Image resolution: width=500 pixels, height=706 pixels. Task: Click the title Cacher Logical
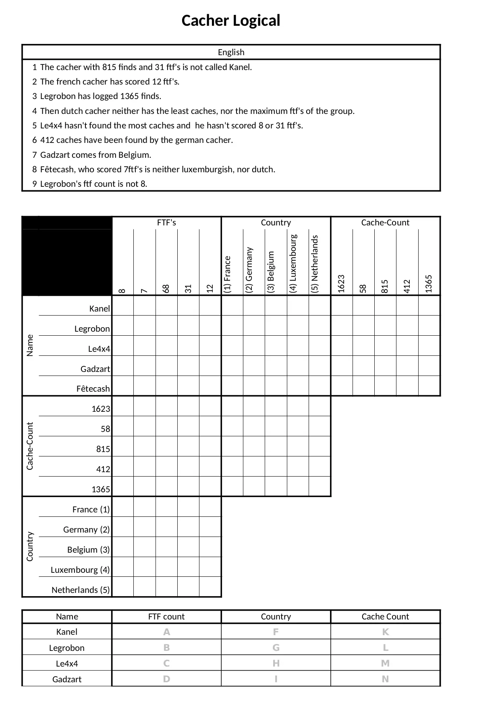click(x=230, y=21)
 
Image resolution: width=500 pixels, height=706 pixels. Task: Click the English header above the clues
click(x=231, y=52)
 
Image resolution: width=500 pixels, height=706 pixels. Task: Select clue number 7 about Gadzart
click(x=95, y=155)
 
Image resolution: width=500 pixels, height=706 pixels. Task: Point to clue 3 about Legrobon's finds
click(x=100, y=96)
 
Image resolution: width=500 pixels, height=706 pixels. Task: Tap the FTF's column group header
click(x=166, y=223)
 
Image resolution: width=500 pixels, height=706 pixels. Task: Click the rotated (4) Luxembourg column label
click(x=293, y=263)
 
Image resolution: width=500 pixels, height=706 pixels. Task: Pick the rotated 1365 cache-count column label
click(x=429, y=283)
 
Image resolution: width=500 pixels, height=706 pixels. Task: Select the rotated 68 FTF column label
click(x=166, y=288)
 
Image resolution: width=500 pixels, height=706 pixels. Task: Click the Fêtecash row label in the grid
click(x=93, y=389)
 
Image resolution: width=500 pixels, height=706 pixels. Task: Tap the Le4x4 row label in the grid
click(x=99, y=349)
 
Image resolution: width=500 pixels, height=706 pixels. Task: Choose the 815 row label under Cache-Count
click(x=103, y=449)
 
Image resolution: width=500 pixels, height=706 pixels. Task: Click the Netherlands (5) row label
click(x=81, y=590)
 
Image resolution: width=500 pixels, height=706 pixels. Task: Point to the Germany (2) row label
click(x=86, y=530)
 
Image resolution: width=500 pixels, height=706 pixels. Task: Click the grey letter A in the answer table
click(x=166, y=632)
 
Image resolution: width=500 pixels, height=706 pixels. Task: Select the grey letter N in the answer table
click(x=385, y=679)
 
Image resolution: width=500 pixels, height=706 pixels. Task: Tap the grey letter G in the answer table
click(x=276, y=648)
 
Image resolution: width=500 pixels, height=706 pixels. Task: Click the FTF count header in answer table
click(x=166, y=617)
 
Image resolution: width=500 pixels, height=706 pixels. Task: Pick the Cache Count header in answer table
click(x=385, y=617)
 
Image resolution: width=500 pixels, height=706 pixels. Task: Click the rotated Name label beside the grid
click(x=30, y=345)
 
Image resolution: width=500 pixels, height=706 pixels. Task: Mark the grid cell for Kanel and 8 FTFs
click(x=123, y=306)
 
